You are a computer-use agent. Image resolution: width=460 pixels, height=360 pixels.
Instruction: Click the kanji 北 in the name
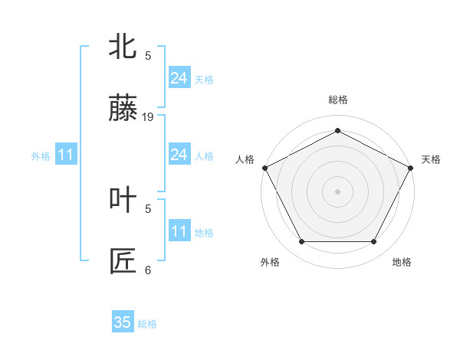coord(123,47)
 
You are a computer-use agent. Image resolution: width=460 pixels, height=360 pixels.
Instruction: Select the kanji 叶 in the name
coord(123,198)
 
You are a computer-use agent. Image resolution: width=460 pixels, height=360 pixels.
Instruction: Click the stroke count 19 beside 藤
coord(148,117)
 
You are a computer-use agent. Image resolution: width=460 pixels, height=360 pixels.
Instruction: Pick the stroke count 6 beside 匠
coord(148,270)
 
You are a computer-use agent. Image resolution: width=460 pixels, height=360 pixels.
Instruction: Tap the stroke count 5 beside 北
coord(148,55)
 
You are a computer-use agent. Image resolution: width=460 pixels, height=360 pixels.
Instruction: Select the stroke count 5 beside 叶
coord(148,207)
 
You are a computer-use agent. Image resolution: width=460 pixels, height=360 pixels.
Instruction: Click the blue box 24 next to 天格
coord(179,78)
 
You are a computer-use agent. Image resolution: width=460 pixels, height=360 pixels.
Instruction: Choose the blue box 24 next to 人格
coord(179,155)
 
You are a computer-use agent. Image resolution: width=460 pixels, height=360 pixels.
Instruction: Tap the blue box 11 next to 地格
coord(179,231)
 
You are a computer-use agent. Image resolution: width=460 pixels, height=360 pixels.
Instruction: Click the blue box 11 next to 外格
coord(66,155)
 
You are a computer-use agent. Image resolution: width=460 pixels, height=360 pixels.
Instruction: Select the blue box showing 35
coord(123,322)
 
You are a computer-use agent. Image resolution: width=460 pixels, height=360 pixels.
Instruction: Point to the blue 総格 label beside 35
coord(148,324)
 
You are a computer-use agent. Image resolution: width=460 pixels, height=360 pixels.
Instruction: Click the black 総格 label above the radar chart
coord(337,100)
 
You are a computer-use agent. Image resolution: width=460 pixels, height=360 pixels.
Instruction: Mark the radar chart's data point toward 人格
coord(264,167)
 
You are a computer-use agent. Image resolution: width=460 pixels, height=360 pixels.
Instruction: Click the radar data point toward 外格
coord(301,242)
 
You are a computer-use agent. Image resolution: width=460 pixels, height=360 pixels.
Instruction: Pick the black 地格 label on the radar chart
coord(402,263)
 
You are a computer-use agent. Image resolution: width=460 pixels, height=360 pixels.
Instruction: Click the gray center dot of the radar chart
coord(337,191)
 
